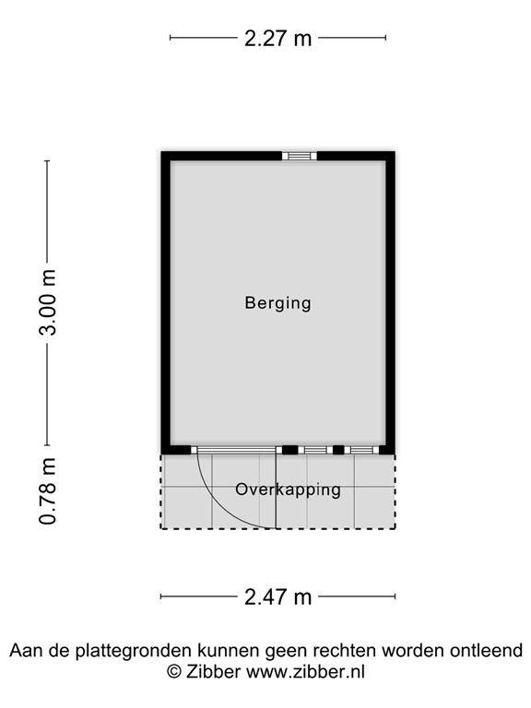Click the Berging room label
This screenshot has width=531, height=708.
pyautogui.click(x=277, y=302)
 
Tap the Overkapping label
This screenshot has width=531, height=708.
pyautogui.click(x=288, y=490)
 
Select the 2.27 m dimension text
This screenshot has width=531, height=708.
pyautogui.click(x=277, y=38)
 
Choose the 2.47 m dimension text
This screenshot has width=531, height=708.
pyautogui.click(x=277, y=596)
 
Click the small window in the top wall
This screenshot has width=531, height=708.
pyautogui.click(x=299, y=156)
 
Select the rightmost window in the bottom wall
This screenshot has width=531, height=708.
pyautogui.click(x=362, y=450)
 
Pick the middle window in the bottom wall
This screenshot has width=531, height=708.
pyautogui.click(x=316, y=450)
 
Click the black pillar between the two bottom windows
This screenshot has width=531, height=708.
pyautogui.click(x=338, y=450)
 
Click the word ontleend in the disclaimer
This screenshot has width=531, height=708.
pyautogui.click(x=488, y=651)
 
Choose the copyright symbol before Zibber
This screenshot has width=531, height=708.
pyautogui.click(x=173, y=672)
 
